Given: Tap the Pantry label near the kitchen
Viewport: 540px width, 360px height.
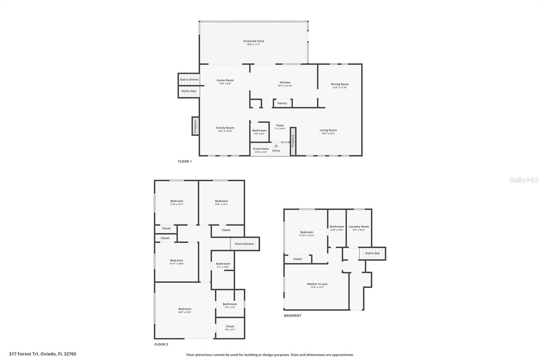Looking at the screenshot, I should coord(282,103).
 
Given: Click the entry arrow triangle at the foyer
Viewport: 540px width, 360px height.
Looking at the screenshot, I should coord(276,146).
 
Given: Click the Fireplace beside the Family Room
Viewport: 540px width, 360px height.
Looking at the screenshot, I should coord(195,126).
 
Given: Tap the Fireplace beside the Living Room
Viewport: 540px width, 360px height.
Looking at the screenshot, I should coord(293,141).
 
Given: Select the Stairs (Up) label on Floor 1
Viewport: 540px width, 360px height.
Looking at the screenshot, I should coord(189,91).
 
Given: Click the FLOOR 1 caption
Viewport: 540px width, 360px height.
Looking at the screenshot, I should coord(185,161).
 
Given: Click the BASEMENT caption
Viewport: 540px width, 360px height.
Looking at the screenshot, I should coord(292,316).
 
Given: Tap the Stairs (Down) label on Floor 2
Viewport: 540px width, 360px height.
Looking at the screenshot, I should coord(244,244).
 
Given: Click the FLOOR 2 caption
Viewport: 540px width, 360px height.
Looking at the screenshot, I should coord(161,344).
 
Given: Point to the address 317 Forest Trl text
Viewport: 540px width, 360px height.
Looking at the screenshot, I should coord(43,354).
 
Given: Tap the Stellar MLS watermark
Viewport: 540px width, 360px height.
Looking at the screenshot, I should coord(524,180).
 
